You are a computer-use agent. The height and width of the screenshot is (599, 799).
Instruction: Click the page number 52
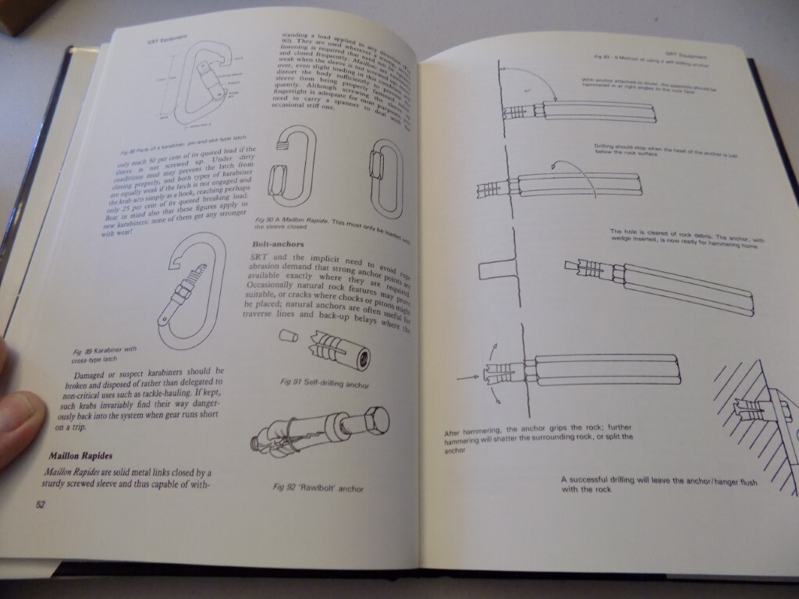(40, 504)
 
